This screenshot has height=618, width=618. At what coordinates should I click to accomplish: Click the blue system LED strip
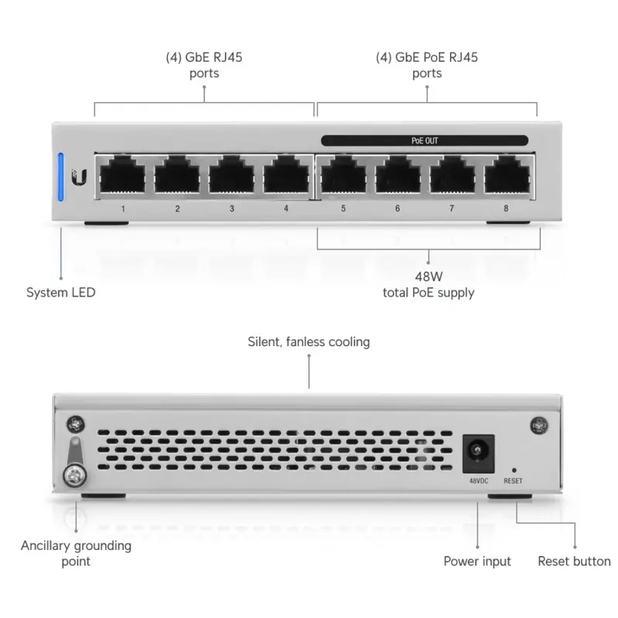click(61, 175)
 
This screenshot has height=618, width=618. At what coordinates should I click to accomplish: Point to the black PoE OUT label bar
click(424, 141)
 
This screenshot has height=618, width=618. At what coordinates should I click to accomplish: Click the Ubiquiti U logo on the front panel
click(80, 178)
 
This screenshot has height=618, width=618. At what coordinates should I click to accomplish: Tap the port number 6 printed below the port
click(398, 209)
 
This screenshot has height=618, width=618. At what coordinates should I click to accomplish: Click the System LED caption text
click(61, 293)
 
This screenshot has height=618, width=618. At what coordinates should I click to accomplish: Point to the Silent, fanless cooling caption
click(308, 341)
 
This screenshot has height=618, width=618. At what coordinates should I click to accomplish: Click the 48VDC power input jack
click(477, 453)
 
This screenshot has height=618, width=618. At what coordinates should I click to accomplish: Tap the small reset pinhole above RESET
click(513, 469)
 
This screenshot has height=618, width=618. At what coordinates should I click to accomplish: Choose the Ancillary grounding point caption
click(76, 553)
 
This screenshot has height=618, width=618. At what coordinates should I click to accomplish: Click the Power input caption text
click(477, 562)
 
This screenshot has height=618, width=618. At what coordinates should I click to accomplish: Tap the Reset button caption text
click(574, 562)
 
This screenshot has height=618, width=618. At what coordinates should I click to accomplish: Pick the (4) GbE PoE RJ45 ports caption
click(426, 66)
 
